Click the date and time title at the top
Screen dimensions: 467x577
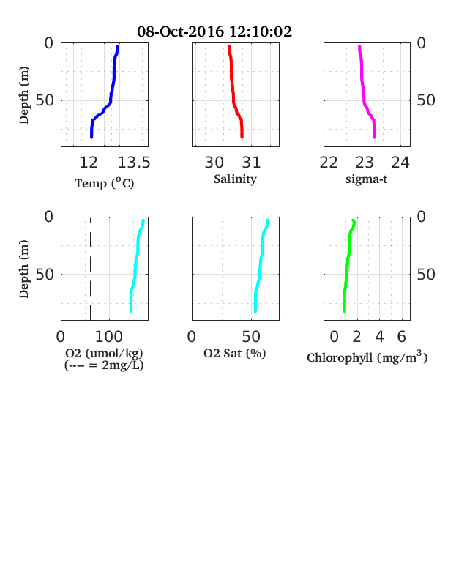point(214,31)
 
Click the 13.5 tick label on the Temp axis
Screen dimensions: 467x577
point(134,163)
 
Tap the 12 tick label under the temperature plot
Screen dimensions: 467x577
point(89,163)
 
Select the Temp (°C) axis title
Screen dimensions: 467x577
point(105,183)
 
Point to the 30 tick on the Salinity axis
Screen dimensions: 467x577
point(214,163)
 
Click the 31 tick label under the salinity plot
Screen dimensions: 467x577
point(252,163)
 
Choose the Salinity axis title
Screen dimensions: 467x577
point(236,179)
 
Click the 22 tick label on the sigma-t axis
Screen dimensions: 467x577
point(329,163)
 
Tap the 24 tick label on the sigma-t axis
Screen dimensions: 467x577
point(400,163)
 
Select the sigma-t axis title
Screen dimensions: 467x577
point(366,179)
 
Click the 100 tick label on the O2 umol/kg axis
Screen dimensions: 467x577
point(109,336)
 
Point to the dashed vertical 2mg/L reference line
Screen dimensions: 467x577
point(91,269)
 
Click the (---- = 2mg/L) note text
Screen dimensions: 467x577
point(104,365)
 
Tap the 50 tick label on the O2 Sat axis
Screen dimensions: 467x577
point(251,336)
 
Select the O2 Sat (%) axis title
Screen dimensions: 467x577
point(235,353)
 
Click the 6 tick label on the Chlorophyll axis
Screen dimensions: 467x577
point(402,336)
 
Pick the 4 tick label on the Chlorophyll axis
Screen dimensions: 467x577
point(379,336)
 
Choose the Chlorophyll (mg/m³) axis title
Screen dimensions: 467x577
point(367,357)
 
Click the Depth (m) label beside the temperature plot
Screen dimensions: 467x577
point(23,95)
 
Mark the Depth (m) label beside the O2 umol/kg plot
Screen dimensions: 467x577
point(23,269)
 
